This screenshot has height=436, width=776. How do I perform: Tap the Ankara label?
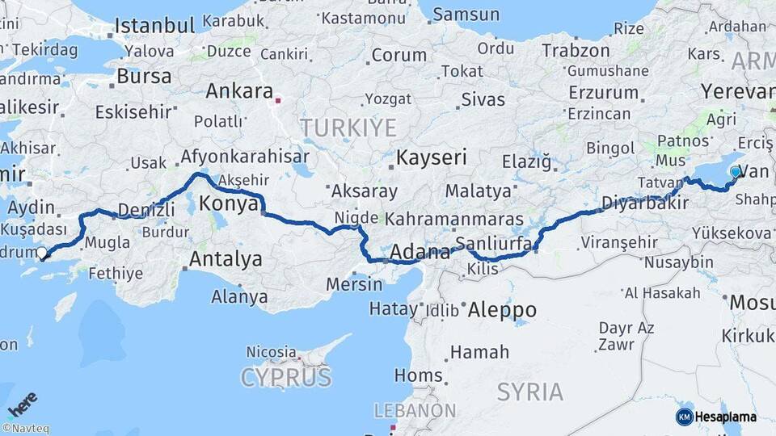(x=239, y=91)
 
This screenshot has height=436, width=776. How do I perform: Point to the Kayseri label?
(x=432, y=157)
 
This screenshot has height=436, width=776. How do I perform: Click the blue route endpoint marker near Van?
(x=736, y=172)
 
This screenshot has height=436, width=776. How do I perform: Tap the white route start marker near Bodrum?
(x=42, y=253)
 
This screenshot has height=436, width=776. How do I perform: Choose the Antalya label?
(x=226, y=259)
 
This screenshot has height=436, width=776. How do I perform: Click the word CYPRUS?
(x=286, y=377)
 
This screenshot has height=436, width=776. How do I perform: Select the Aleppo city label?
(x=502, y=310)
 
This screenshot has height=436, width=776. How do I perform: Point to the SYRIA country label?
(x=530, y=392)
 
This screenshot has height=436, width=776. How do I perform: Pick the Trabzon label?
(x=576, y=50)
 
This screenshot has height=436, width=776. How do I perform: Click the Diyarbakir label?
(x=644, y=202)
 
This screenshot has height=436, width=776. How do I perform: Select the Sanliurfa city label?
(x=494, y=244)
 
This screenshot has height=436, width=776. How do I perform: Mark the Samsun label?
(x=466, y=14)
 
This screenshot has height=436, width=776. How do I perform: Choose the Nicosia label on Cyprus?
(x=271, y=352)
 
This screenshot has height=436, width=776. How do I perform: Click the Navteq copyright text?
(x=25, y=429)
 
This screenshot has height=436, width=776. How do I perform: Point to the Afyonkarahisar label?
(x=245, y=157)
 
